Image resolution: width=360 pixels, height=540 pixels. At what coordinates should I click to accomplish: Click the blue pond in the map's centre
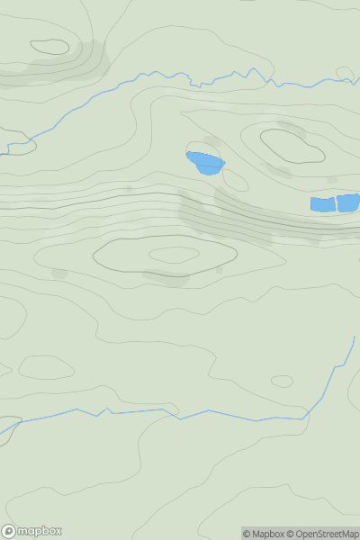[x=206, y=163]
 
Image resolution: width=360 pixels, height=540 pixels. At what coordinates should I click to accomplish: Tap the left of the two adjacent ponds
[x=321, y=204]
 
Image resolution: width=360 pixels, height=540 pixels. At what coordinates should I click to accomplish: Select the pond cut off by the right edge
[x=348, y=202]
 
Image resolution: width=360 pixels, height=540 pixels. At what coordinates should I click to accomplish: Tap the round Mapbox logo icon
[x=9, y=531]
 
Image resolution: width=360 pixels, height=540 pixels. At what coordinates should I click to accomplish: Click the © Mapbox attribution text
[x=264, y=534]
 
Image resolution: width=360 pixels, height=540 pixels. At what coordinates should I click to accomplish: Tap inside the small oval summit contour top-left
[x=49, y=47]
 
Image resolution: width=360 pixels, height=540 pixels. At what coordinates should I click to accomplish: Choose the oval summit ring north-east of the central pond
[x=292, y=146]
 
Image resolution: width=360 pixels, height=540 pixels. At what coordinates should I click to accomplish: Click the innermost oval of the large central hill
[x=174, y=256]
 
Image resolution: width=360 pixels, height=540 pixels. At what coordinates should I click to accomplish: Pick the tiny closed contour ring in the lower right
[x=282, y=381]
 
